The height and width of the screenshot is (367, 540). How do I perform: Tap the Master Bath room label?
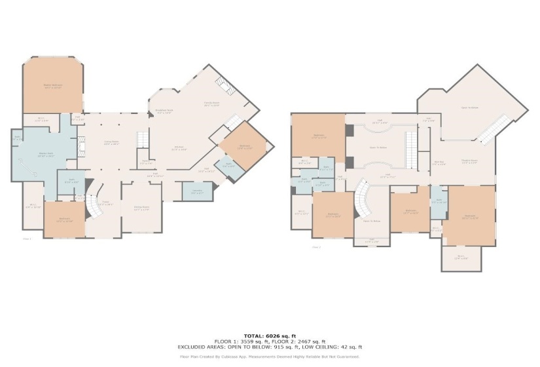point(45,155)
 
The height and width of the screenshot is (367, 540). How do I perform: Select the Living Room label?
point(112,142)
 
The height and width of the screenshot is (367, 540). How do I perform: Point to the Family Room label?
point(211,104)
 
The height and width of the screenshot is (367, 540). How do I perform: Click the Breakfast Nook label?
point(164,111)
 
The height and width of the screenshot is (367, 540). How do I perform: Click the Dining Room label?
point(141,208)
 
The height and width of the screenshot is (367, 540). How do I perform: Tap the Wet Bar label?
point(439,163)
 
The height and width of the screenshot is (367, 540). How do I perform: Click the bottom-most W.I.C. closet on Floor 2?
point(461,257)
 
